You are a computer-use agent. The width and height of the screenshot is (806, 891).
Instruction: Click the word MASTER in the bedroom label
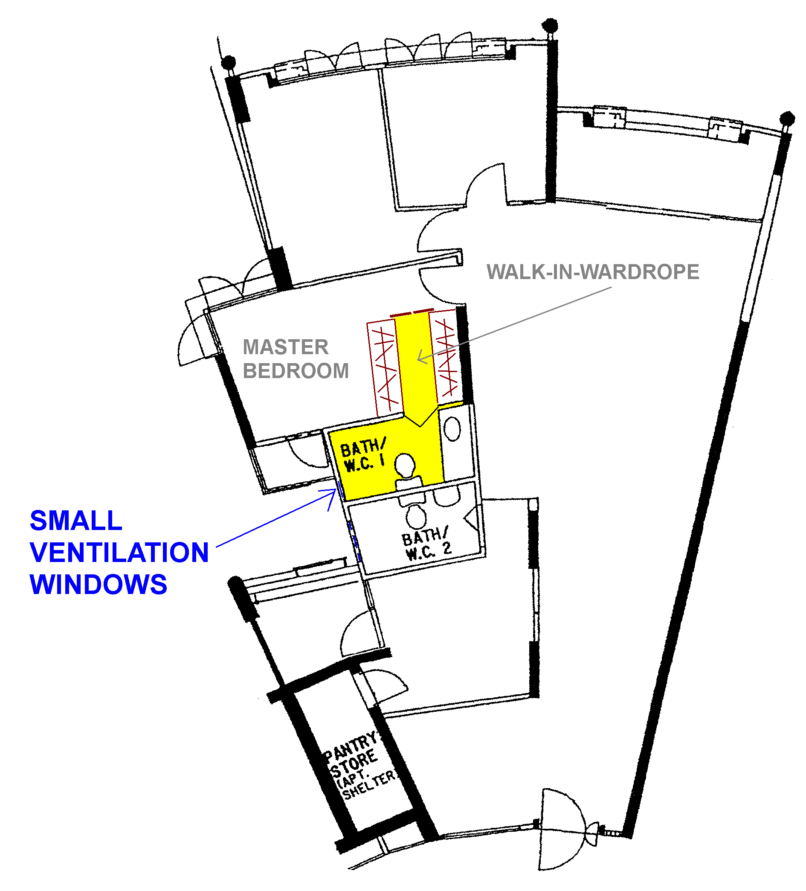click(x=285, y=347)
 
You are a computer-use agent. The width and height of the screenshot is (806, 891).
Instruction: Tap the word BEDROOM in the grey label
click(x=296, y=371)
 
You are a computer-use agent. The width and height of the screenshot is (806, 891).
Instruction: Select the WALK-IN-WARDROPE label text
click(x=593, y=272)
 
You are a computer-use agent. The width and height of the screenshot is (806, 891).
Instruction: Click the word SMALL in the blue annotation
click(x=76, y=521)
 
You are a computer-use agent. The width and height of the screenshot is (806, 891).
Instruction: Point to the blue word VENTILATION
click(x=119, y=553)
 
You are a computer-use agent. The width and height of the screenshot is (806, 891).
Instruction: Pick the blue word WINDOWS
click(x=99, y=585)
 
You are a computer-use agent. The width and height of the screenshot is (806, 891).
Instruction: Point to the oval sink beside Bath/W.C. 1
click(x=452, y=429)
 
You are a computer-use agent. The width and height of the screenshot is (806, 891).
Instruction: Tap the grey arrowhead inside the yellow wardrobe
click(x=422, y=357)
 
